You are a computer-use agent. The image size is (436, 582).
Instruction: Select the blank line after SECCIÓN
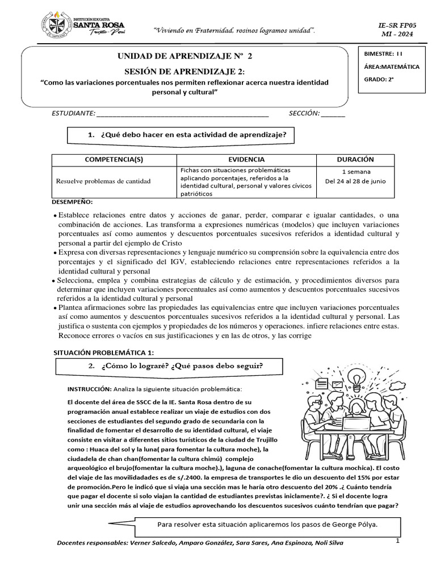tap(333, 113)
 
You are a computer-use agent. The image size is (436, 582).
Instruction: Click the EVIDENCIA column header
tap(246, 160)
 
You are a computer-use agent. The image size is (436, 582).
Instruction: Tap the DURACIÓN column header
tap(355, 160)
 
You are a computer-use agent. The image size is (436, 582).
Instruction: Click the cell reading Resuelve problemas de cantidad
tap(103, 181)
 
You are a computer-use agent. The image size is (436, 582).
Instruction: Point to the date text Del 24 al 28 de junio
tap(355, 182)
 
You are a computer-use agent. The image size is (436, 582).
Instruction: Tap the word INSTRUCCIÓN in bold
tap(89, 389)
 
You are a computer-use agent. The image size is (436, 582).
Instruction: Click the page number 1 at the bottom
tap(399, 541)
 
